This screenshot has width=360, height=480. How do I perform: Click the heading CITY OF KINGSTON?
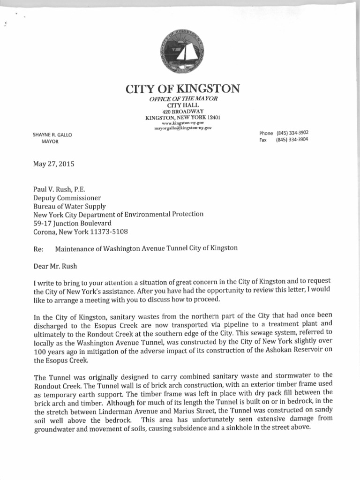coord(183,88)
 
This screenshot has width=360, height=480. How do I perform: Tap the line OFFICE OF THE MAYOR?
coord(183,98)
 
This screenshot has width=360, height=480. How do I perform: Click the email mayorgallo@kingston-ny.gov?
coord(183,127)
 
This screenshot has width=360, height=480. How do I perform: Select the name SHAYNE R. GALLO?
coord(52,135)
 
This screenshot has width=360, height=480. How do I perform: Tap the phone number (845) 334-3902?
coord(292,133)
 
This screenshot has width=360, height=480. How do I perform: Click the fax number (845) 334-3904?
coord(292,140)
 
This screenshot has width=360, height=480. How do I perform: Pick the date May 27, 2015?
coord(53,164)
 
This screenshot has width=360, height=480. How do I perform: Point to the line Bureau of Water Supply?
coord(69,206)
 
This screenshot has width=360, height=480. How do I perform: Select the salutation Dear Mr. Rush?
coord(55,266)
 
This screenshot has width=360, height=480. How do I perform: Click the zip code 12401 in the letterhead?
coord(213,117)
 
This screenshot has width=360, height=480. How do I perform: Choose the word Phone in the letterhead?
coord(266,133)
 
